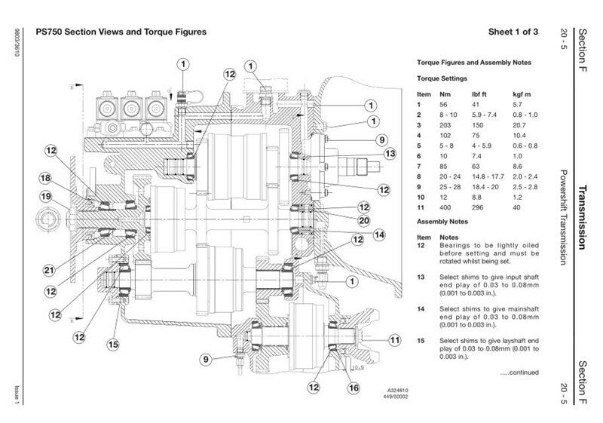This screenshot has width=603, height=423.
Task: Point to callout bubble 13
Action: pos(390,153)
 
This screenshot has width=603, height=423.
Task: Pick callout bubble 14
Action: pos(379,234)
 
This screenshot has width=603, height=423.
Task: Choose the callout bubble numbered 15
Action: pos(112,345)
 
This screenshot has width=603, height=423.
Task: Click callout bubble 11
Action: pos(394,341)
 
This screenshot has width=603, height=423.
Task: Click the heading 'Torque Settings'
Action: pos(442,78)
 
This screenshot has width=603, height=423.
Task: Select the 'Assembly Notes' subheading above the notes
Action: pos(442,222)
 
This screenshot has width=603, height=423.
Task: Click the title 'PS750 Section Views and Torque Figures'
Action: pos(121,32)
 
